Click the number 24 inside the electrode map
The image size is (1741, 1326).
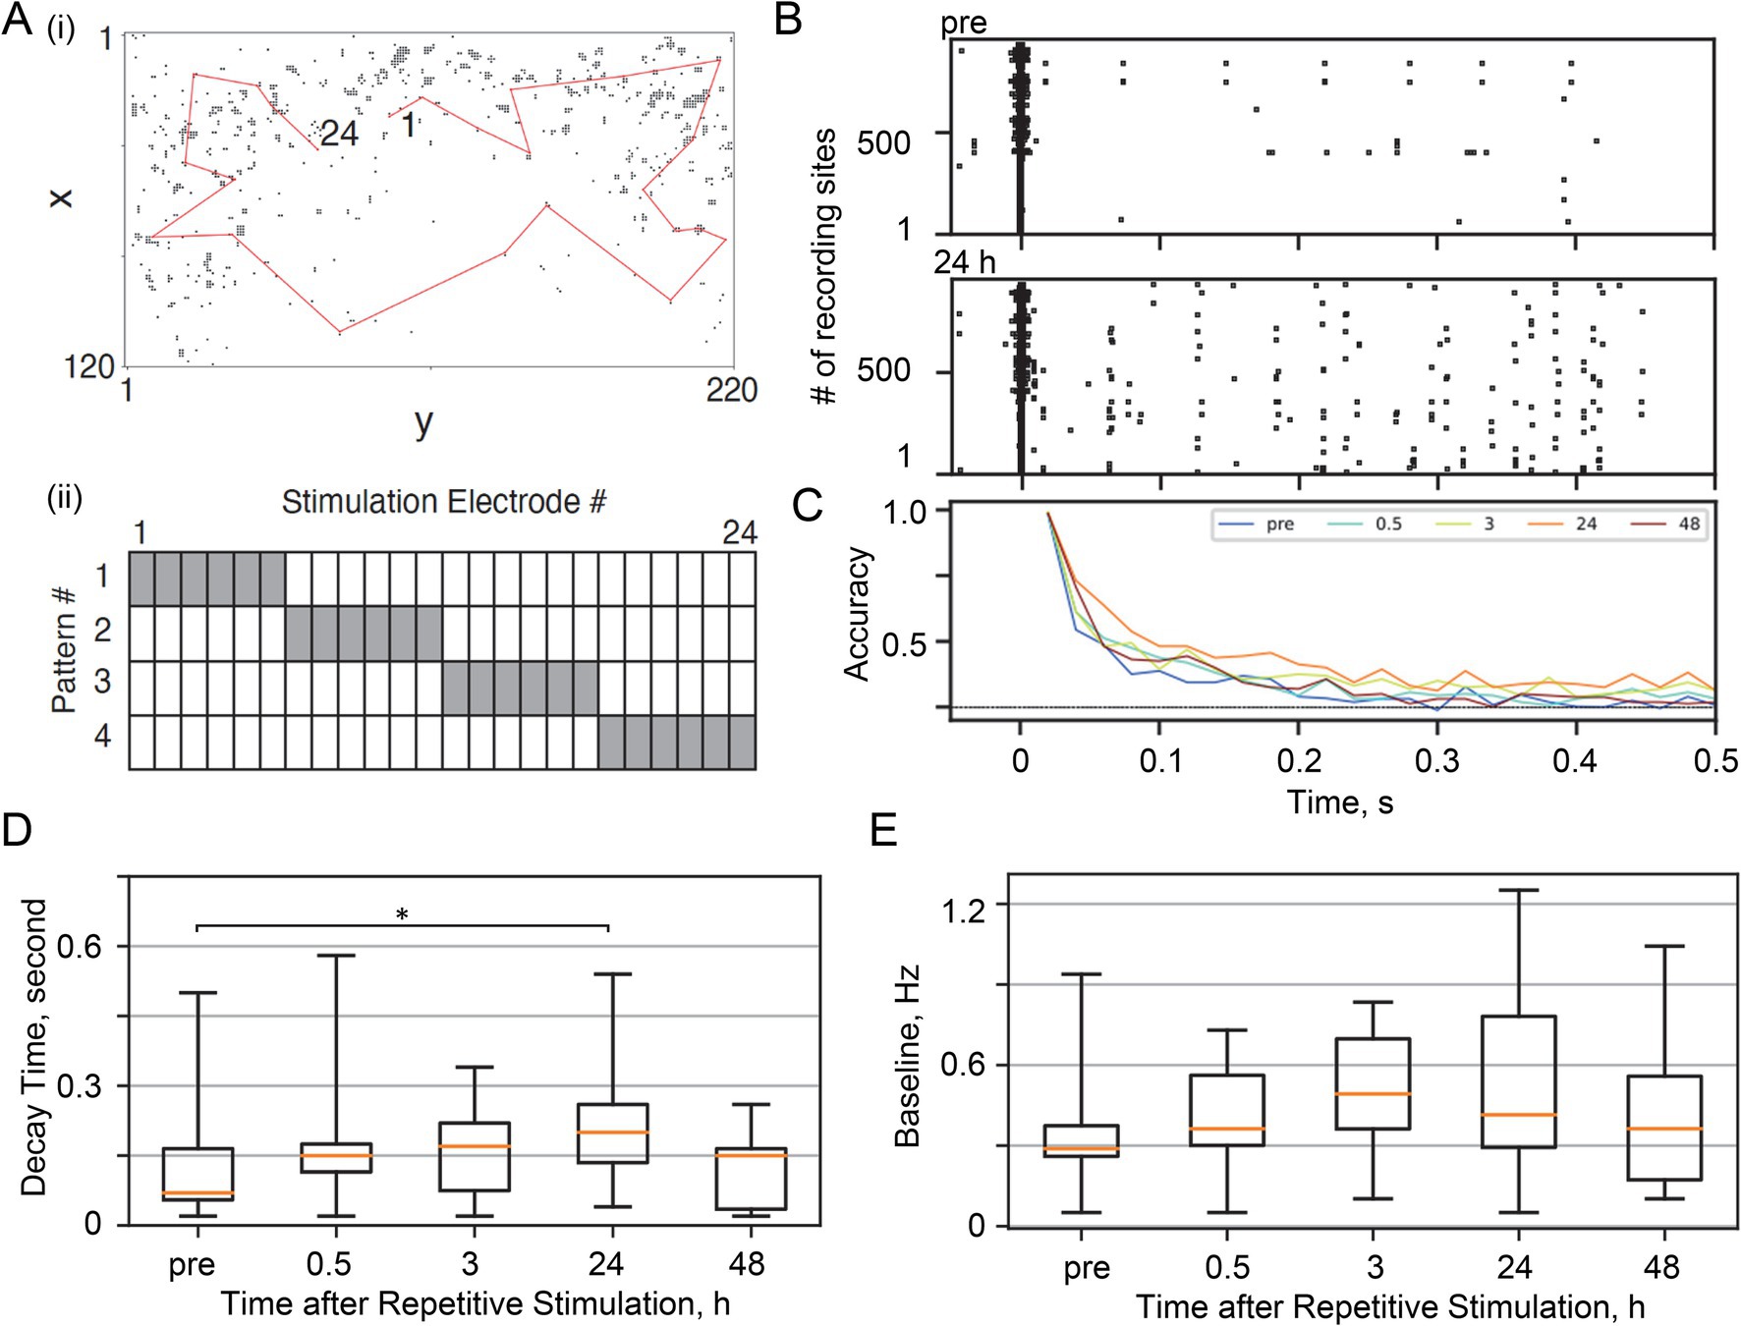[339, 134]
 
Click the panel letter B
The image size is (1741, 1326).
[788, 20]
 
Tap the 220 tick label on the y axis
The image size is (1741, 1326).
[731, 391]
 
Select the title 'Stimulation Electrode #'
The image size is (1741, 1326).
[443, 502]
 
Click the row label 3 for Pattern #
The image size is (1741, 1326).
[102, 682]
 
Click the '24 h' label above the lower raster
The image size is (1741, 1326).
[964, 262]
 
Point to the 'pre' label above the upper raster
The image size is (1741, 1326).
[963, 24]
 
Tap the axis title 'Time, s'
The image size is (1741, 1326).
[1340, 802]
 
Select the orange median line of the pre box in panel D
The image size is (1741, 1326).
[197, 1193]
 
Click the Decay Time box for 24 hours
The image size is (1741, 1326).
[612, 1133]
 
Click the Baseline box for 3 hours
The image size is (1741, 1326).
[1374, 1083]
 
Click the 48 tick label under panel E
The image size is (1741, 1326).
[1661, 1267]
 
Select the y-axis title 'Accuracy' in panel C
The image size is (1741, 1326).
[857, 614]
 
